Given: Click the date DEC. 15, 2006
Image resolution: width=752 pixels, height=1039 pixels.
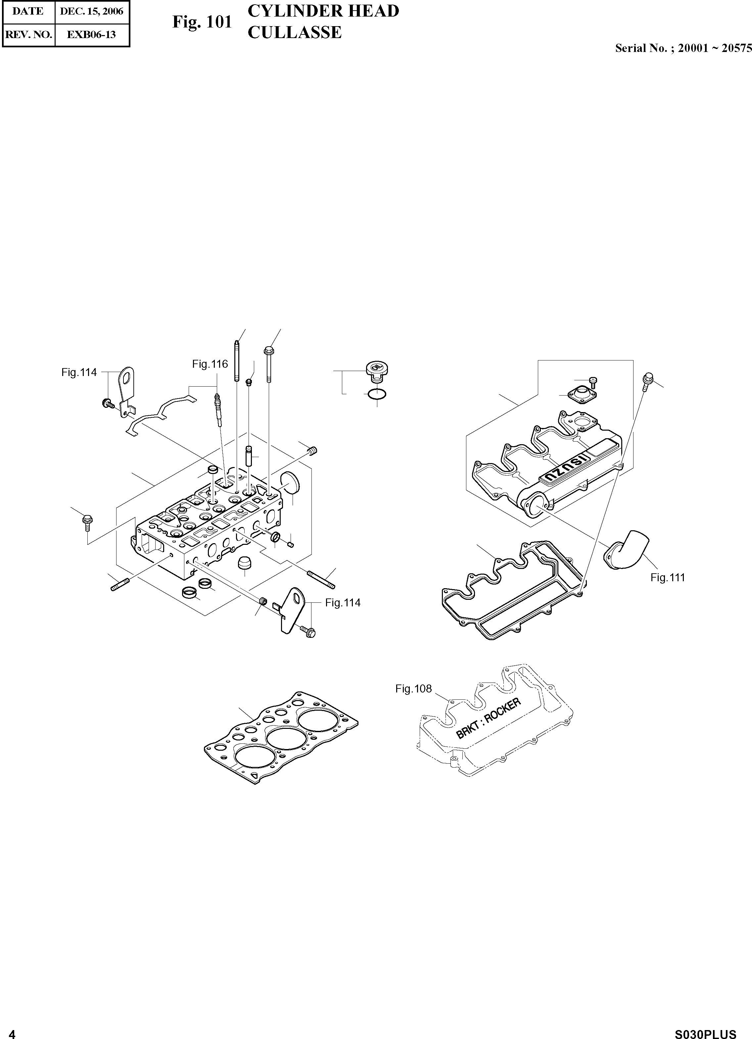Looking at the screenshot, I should [x=92, y=11].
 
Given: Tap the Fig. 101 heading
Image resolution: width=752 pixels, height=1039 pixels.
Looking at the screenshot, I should [x=202, y=22].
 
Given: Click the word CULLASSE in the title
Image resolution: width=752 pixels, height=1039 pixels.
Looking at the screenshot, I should [x=295, y=32].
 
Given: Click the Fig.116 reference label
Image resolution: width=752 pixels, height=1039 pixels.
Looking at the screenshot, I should [x=210, y=364].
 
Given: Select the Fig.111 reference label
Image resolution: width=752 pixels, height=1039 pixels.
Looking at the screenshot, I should [x=667, y=578].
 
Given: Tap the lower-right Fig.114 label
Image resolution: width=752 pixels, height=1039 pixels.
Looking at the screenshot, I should [x=343, y=603].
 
